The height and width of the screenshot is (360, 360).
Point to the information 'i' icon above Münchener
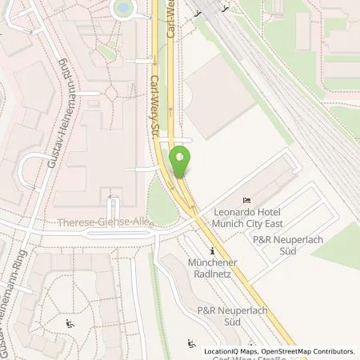[213, 250]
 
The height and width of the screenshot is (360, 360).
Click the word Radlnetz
[212, 274]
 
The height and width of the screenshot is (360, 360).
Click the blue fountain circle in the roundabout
[123, 7]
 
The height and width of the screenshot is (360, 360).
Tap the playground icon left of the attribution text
[191, 344]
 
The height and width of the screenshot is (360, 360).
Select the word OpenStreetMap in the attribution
[279, 351]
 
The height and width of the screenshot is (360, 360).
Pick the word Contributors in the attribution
[332, 351]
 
